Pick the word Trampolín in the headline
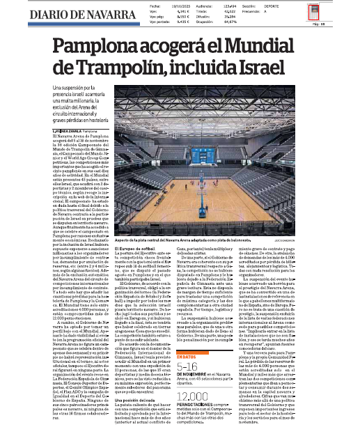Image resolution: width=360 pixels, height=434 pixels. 130,67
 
